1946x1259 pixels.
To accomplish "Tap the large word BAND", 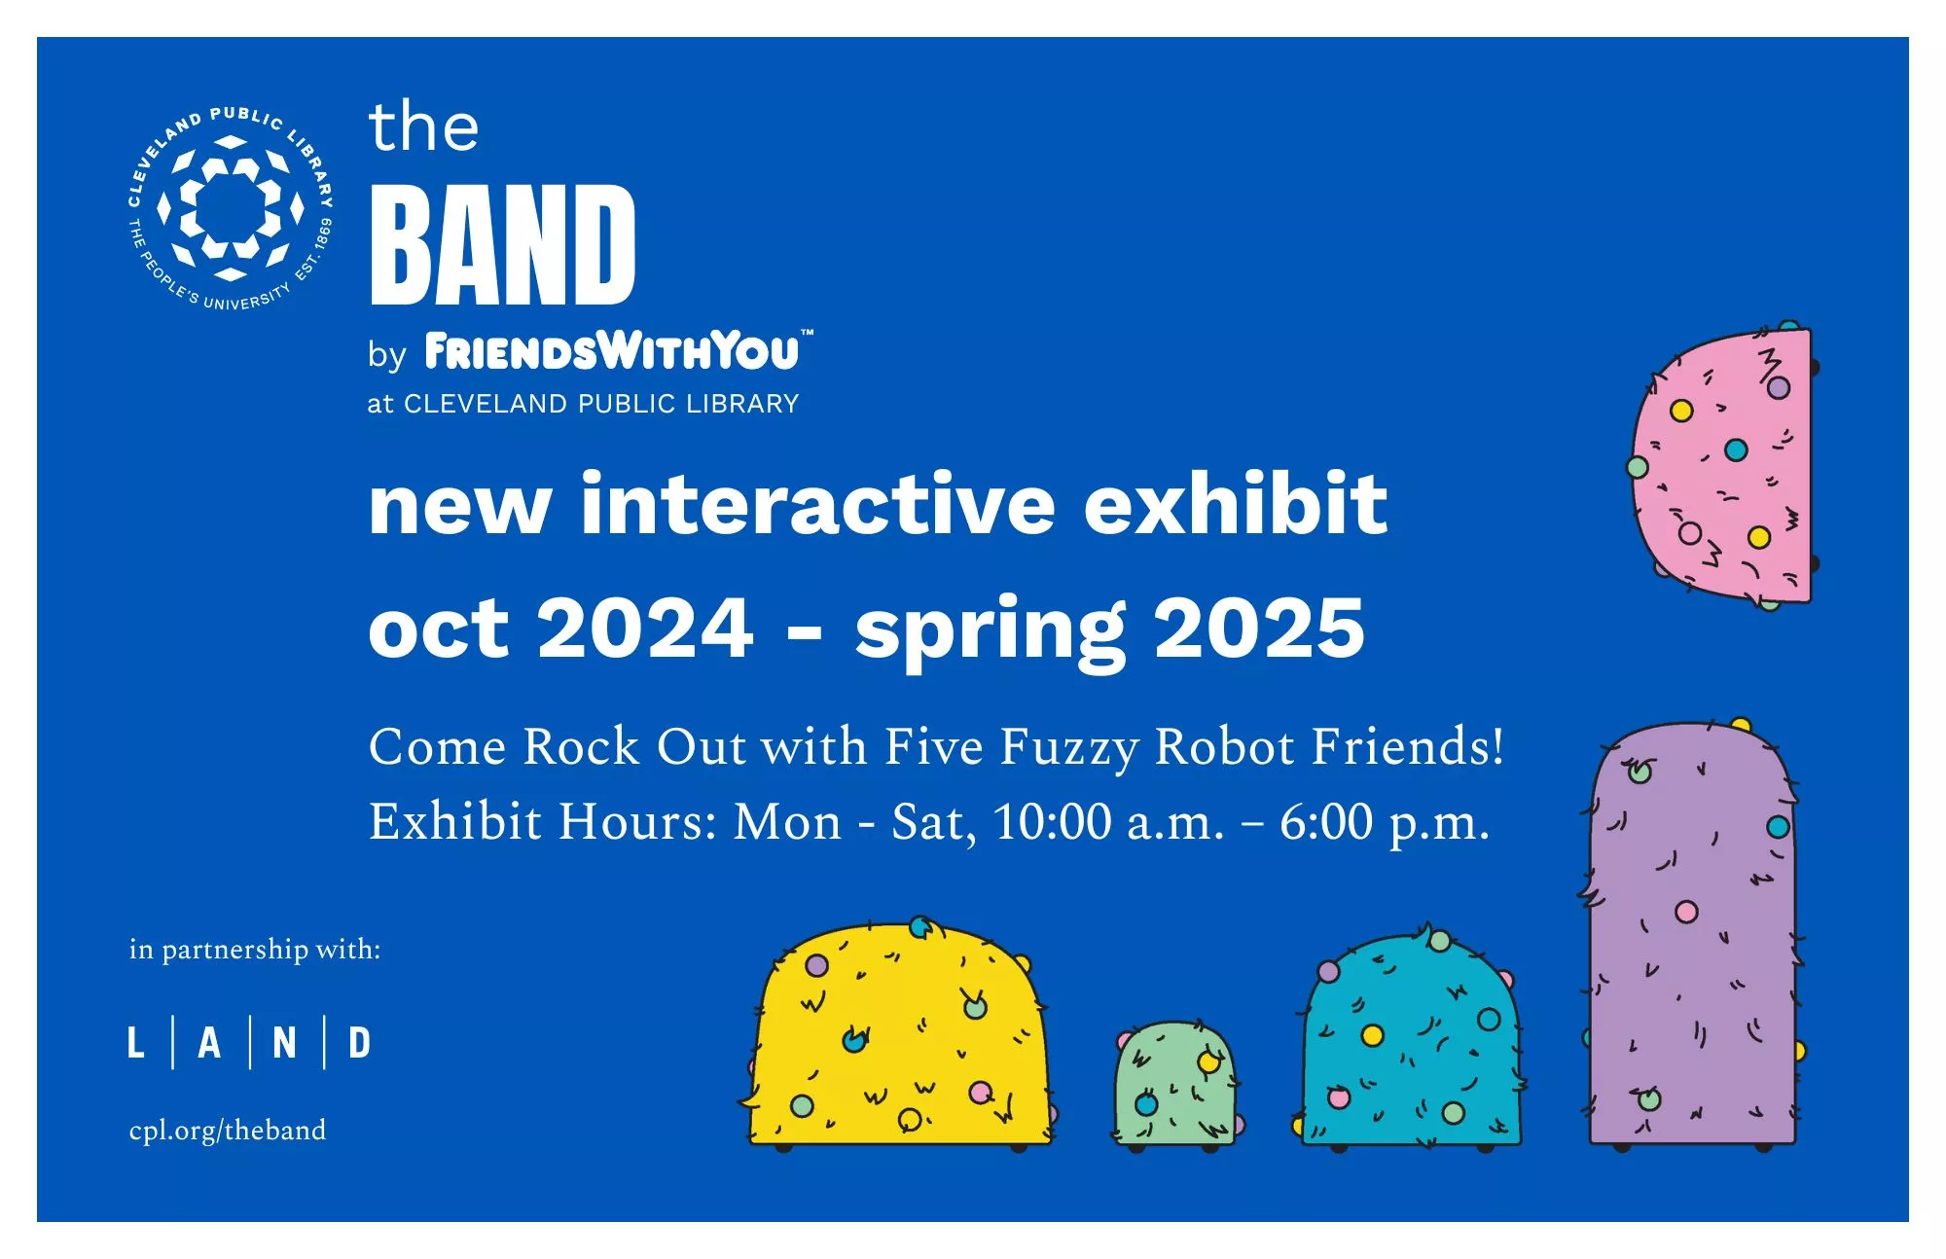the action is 503,244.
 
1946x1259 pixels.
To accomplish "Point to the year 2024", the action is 645,628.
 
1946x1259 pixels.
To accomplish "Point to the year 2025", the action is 1259,628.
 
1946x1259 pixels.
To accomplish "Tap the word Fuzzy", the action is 1069,749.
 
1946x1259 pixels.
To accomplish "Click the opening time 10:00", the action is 1052,822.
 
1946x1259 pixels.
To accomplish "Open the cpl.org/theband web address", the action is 228,1131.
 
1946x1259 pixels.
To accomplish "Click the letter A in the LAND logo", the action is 209,1043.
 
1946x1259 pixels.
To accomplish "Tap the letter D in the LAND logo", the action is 360,1043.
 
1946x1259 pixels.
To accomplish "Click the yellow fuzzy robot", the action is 900,1034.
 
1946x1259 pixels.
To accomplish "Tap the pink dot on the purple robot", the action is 1686,912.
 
